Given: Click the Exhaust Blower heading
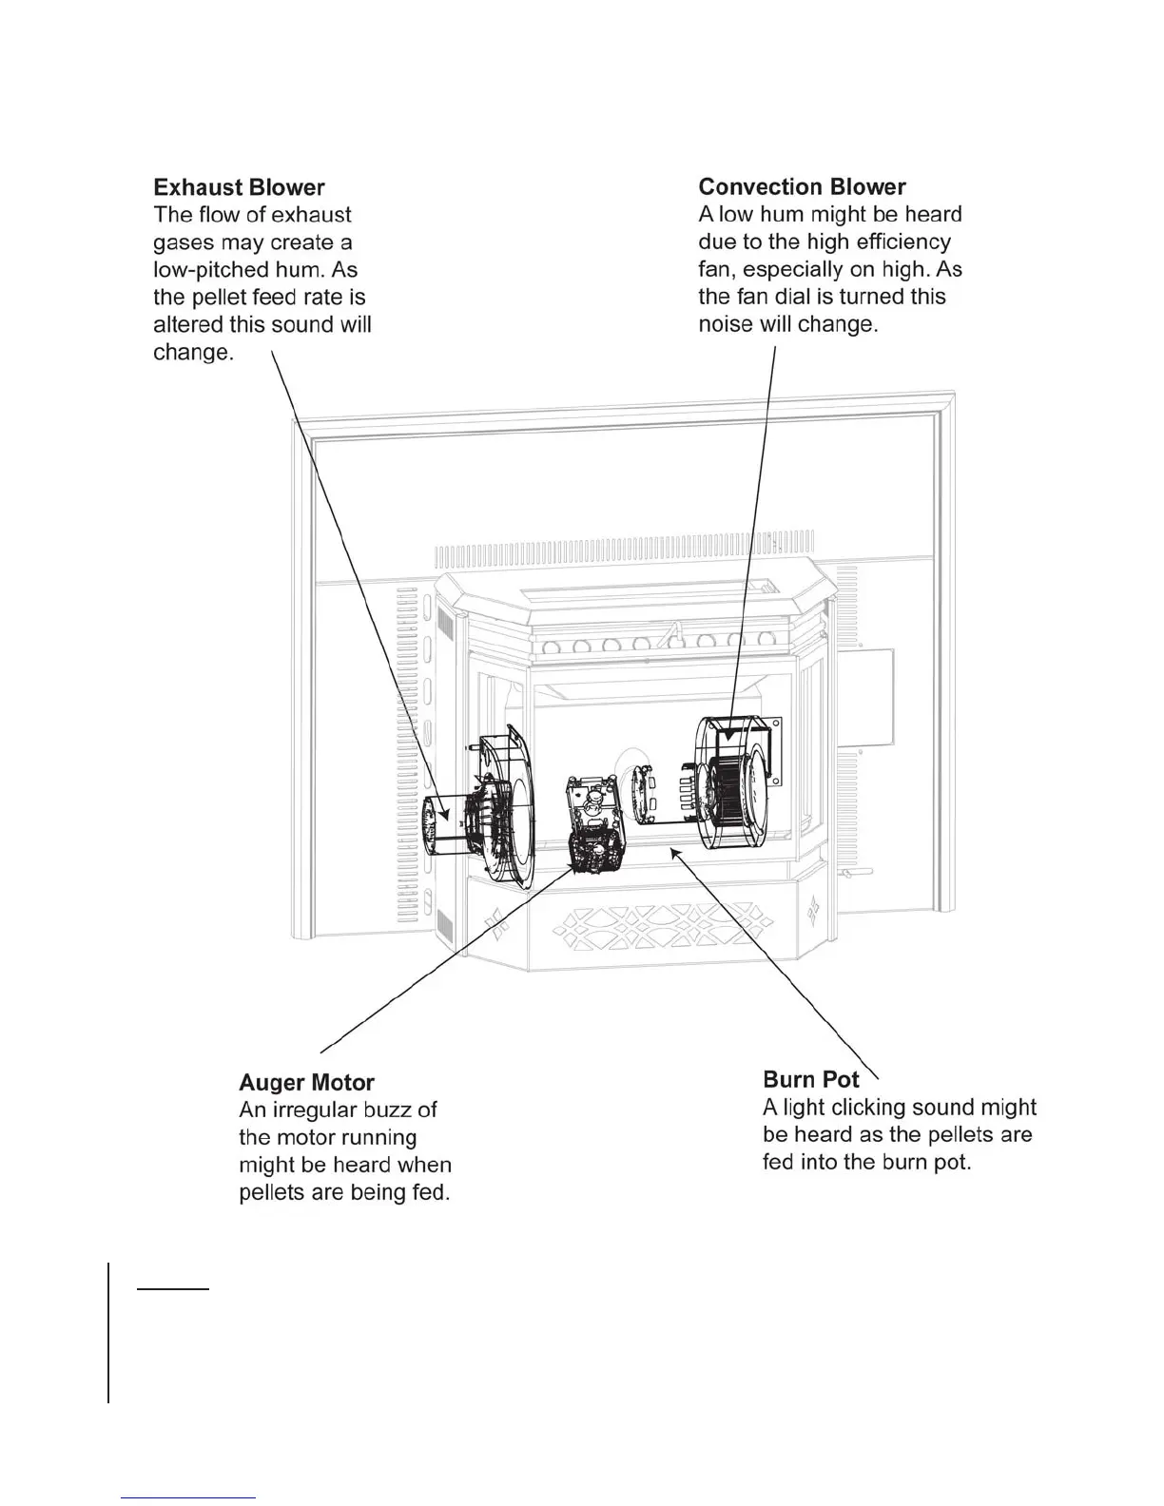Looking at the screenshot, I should click(239, 187).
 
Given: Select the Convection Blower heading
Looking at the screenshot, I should click(802, 186).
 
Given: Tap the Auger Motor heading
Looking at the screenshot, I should click(306, 1082).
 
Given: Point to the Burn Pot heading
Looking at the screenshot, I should click(810, 1079).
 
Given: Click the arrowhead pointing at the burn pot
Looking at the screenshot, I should click(677, 853).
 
